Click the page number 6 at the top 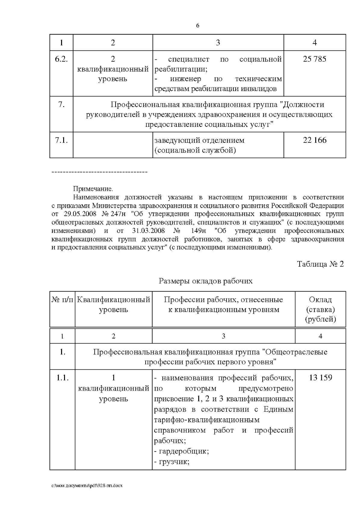point(198,26)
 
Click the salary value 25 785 point(314,59)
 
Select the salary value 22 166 point(314,140)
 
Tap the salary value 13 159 point(320,377)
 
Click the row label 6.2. point(61,59)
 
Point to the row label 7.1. point(61,140)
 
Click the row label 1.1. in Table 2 point(63,377)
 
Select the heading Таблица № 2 point(320,264)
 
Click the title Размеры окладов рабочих point(205,281)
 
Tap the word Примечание point(93,189)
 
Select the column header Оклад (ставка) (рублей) point(320,309)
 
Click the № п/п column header point(62,300)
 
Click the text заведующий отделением point(199,140)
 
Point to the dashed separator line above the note point(99,172)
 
